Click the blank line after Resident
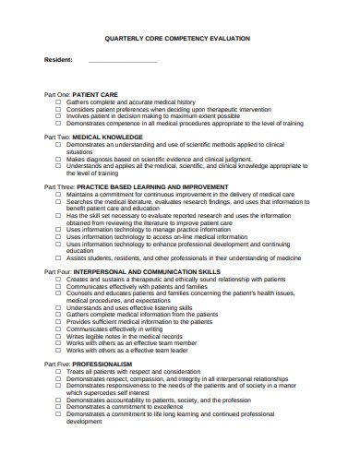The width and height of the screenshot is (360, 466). (123, 60)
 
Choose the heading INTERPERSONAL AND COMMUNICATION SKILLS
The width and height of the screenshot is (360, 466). (161, 272)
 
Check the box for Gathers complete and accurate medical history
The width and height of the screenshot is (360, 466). (58, 102)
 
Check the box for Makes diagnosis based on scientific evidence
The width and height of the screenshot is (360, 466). (58, 158)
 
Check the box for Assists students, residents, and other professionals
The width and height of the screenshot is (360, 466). (58, 257)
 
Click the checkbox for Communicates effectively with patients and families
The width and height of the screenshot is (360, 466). (58, 286)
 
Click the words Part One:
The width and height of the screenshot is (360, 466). (57, 94)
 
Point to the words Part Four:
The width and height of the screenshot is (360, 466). (58, 272)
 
